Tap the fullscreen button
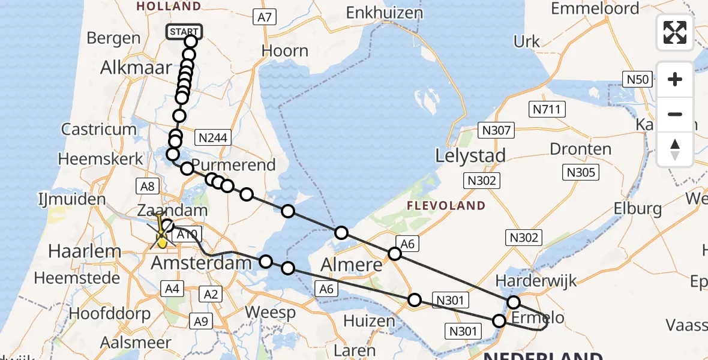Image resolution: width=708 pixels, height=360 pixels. coord(675,32)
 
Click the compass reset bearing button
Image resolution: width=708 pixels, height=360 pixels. coord(675,149)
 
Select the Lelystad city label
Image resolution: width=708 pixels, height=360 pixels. coord(470,156)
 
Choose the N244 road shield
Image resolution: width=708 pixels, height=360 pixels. coord(214,138)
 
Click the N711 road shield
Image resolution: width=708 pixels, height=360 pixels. coord(545,109)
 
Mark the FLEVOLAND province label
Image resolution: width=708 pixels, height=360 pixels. coord(446,206)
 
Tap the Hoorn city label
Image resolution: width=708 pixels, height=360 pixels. coord(285,51)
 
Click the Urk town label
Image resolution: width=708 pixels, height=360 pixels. coord(527,41)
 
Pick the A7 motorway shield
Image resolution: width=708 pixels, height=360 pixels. coord(265,17)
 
